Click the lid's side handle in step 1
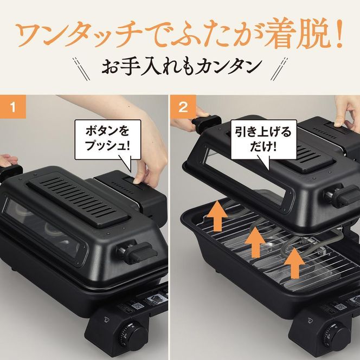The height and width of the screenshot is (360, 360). [140, 252]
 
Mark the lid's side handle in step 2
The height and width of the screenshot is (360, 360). [340, 196]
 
